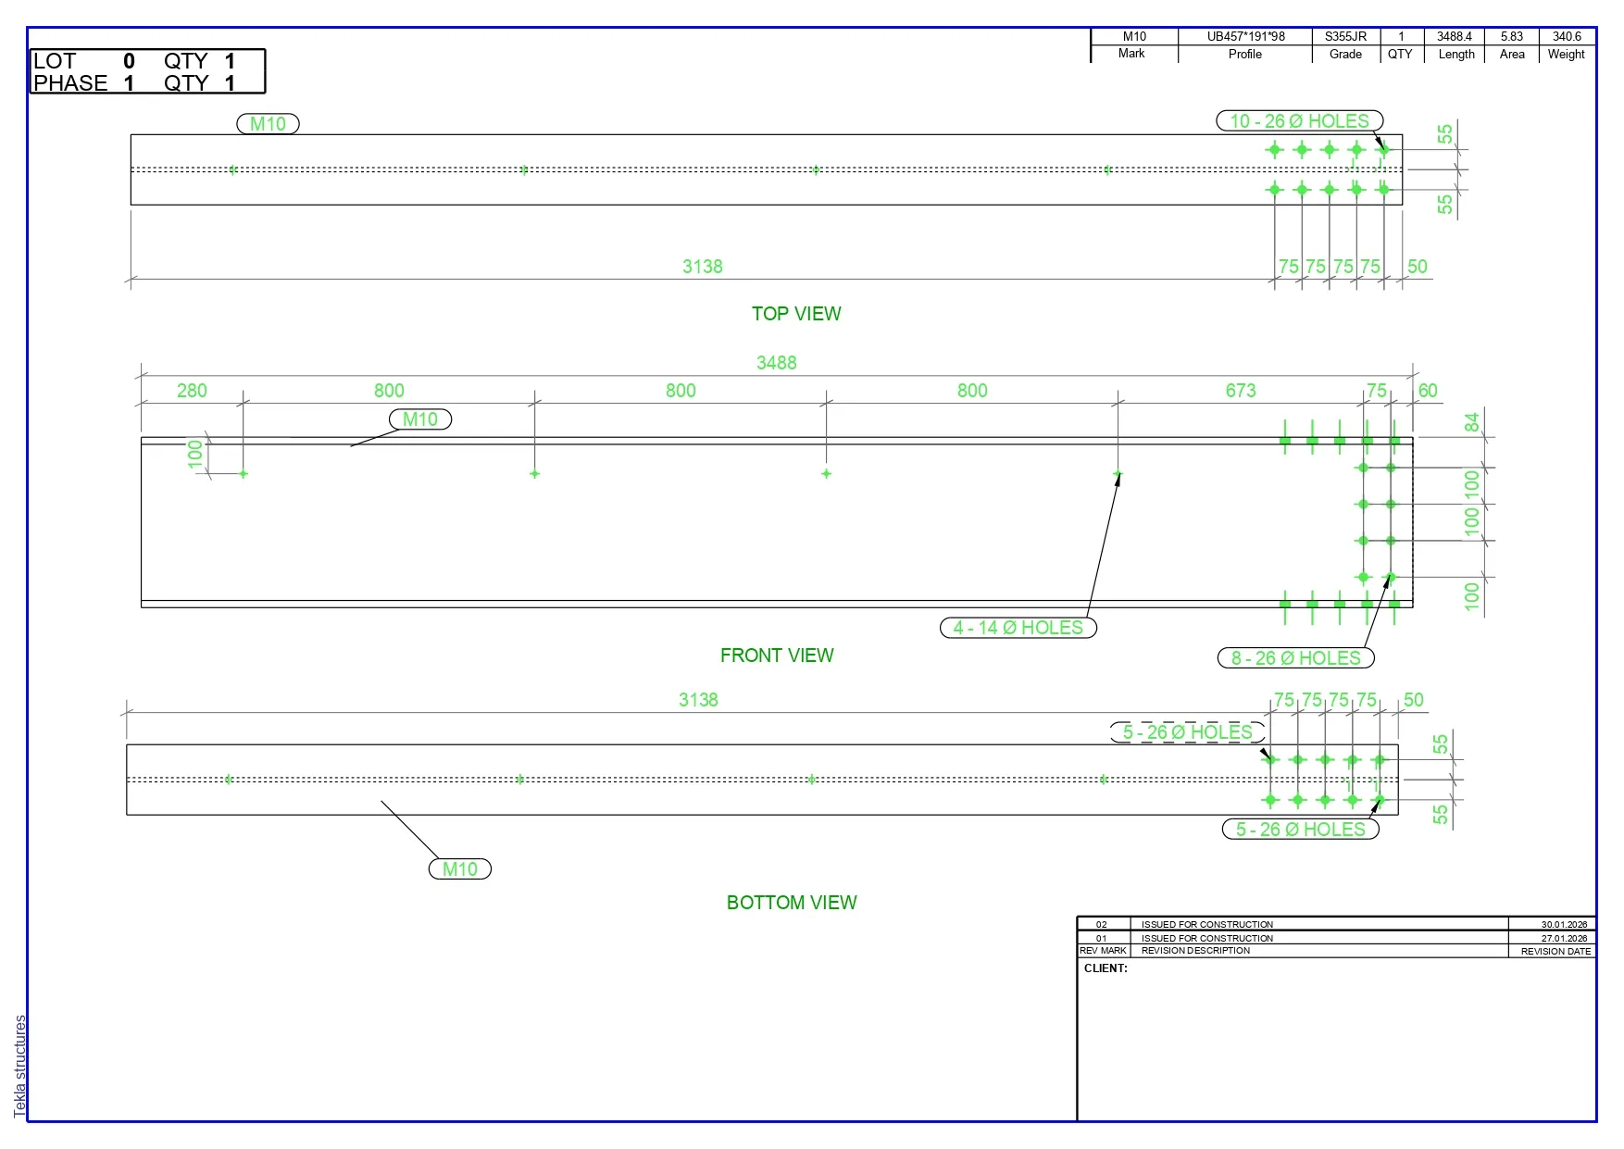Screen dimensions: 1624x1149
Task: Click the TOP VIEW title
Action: coord(796,314)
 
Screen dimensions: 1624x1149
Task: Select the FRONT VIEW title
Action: coord(777,656)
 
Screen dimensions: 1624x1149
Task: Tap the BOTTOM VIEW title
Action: coord(792,903)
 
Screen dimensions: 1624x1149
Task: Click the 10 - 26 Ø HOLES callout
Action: coord(1299,121)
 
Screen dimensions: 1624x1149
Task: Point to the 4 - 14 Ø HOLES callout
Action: coord(1018,628)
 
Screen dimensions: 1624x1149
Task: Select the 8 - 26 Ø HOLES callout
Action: coord(1295,658)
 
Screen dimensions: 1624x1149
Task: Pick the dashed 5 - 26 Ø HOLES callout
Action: coord(1188,732)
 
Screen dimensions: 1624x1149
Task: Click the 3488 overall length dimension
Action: coord(776,363)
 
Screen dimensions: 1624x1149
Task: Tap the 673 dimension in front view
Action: coord(1241,391)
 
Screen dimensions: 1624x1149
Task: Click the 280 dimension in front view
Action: coord(192,391)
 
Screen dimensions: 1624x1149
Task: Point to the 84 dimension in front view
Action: coord(1471,422)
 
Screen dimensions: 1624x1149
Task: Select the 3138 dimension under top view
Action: coord(702,267)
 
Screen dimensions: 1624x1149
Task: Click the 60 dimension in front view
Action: coord(1428,391)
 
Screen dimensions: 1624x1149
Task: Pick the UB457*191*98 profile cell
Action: coord(1246,37)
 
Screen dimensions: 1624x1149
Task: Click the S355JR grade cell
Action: coord(1345,37)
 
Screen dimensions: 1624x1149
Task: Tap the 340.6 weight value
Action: coord(1567,37)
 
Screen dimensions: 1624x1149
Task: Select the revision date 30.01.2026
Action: coord(1564,924)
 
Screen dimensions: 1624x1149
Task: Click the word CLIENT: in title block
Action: coord(1106,968)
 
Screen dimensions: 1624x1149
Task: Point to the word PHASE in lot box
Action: coord(70,83)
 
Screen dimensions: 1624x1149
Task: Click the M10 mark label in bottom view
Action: coord(460,869)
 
